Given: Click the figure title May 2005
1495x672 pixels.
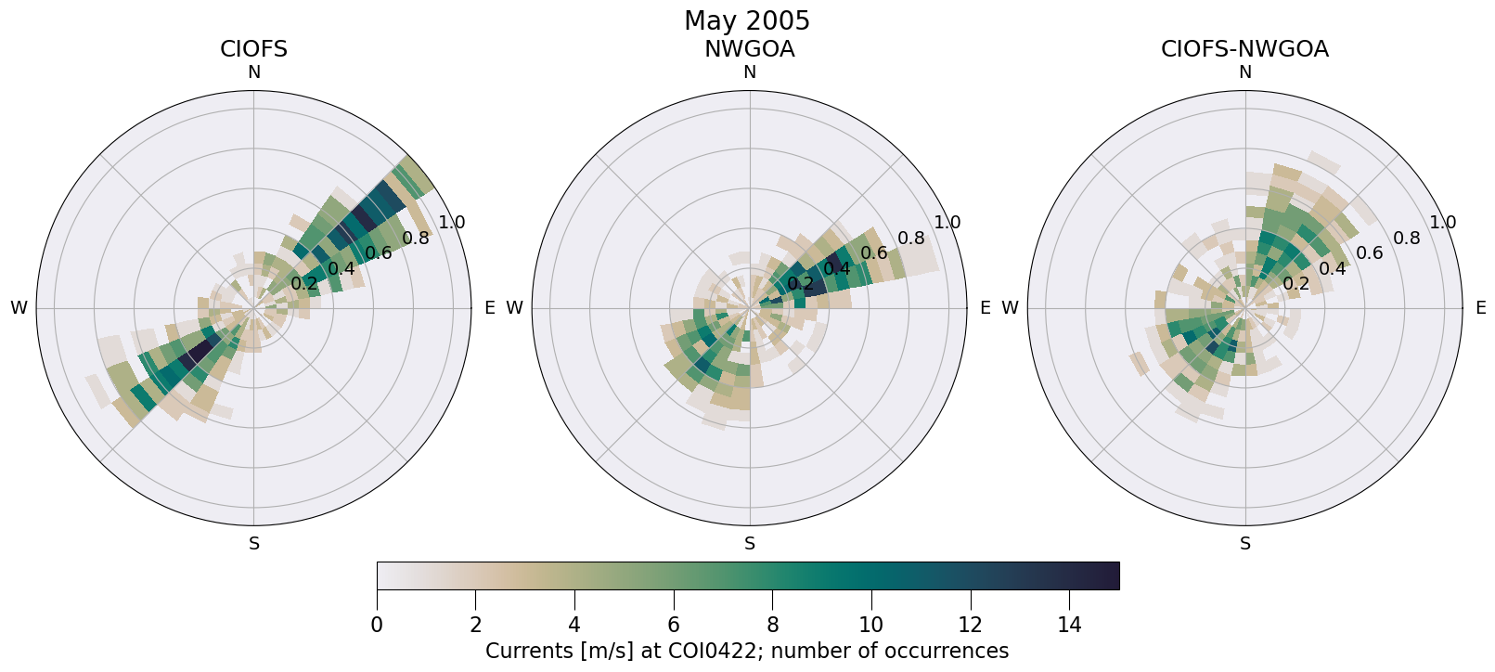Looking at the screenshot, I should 747,20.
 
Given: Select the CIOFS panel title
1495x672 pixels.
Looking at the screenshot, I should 253,49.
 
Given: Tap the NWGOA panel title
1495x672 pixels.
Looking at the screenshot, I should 749,49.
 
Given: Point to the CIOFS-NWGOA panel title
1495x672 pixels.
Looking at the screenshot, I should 1244,49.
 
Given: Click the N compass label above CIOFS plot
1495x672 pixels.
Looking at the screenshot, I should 253,72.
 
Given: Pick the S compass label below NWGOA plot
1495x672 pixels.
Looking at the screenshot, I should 749,544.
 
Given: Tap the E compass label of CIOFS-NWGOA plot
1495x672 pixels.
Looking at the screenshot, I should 1481,308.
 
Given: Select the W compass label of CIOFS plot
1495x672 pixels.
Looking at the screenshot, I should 19,308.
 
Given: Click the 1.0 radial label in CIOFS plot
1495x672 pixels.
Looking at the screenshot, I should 452,223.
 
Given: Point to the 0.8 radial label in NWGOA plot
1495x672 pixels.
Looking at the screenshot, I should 911,239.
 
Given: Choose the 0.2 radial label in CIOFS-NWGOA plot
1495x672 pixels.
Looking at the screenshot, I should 1295,284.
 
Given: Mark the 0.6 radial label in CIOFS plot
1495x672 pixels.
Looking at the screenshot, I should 378,253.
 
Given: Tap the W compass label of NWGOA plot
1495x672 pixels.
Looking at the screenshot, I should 514,308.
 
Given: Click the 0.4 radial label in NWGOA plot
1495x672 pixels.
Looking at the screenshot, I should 837,269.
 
